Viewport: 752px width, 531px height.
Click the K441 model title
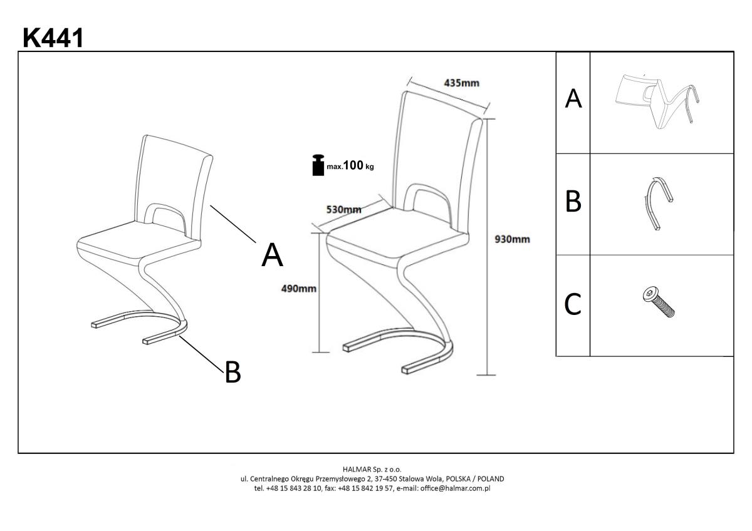click(x=53, y=38)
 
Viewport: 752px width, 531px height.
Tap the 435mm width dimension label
click(x=462, y=83)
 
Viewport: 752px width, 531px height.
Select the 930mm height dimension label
click(x=513, y=239)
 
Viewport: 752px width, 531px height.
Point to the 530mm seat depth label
click(x=344, y=210)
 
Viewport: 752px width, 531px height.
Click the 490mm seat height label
click(x=298, y=289)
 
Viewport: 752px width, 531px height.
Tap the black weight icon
click(x=318, y=165)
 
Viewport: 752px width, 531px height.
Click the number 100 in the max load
click(x=353, y=165)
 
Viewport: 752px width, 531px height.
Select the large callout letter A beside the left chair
click(x=272, y=255)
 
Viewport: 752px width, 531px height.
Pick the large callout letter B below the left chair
click(x=232, y=372)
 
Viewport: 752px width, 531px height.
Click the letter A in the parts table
click(x=573, y=98)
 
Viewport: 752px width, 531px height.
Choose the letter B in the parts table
click(x=573, y=201)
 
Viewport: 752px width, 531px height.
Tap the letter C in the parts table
click(x=572, y=304)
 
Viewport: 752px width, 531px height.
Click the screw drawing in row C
click(x=659, y=302)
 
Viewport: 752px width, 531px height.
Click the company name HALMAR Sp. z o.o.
click(x=372, y=469)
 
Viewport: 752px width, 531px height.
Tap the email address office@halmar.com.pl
click(x=455, y=488)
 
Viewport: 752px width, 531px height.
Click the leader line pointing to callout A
click(x=233, y=224)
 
